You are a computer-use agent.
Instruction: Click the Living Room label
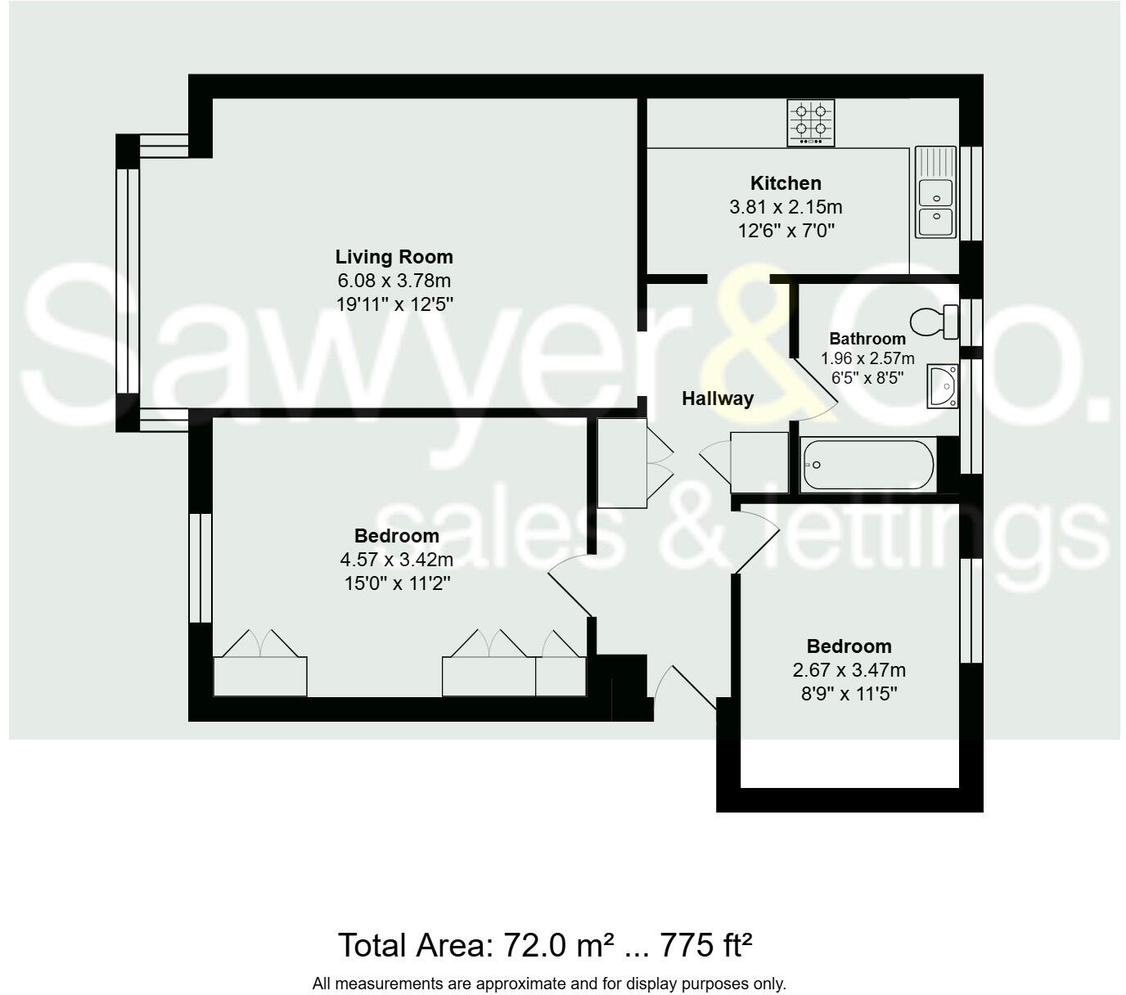[x=394, y=256]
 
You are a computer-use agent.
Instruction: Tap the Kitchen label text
[x=786, y=183]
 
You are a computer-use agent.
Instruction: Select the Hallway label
[x=718, y=398]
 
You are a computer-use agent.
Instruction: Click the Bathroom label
[x=867, y=339]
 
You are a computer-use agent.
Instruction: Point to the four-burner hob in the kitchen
[x=811, y=123]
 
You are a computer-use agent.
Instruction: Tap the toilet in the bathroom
[x=935, y=321]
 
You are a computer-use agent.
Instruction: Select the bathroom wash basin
[x=943, y=386]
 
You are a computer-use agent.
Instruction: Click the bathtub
[x=867, y=465]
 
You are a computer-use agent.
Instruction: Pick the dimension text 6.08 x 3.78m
[x=394, y=281]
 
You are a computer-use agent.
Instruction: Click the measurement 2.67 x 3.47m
[x=849, y=670]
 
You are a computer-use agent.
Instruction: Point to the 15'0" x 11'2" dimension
[x=397, y=583]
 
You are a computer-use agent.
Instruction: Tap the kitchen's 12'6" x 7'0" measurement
[x=786, y=231]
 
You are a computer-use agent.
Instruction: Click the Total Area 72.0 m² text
[x=545, y=945]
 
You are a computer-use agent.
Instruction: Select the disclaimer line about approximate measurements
[x=549, y=984]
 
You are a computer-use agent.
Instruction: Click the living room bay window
[x=128, y=282]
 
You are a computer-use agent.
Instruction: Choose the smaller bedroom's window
[x=971, y=610]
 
